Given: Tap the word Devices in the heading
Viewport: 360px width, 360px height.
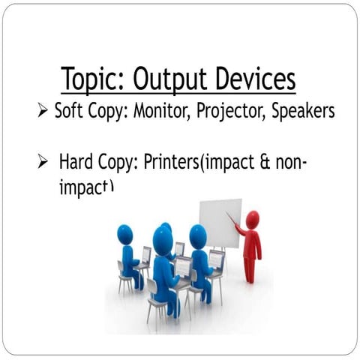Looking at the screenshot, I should click(x=253, y=78).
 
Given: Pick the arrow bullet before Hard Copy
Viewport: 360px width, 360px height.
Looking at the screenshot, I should click(x=43, y=162).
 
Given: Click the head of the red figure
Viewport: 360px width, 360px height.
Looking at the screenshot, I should click(x=252, y=220).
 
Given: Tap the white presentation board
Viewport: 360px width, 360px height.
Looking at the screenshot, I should click(x=220, y=223).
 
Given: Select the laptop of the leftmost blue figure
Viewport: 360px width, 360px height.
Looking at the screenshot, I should click(x=145, y=255).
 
